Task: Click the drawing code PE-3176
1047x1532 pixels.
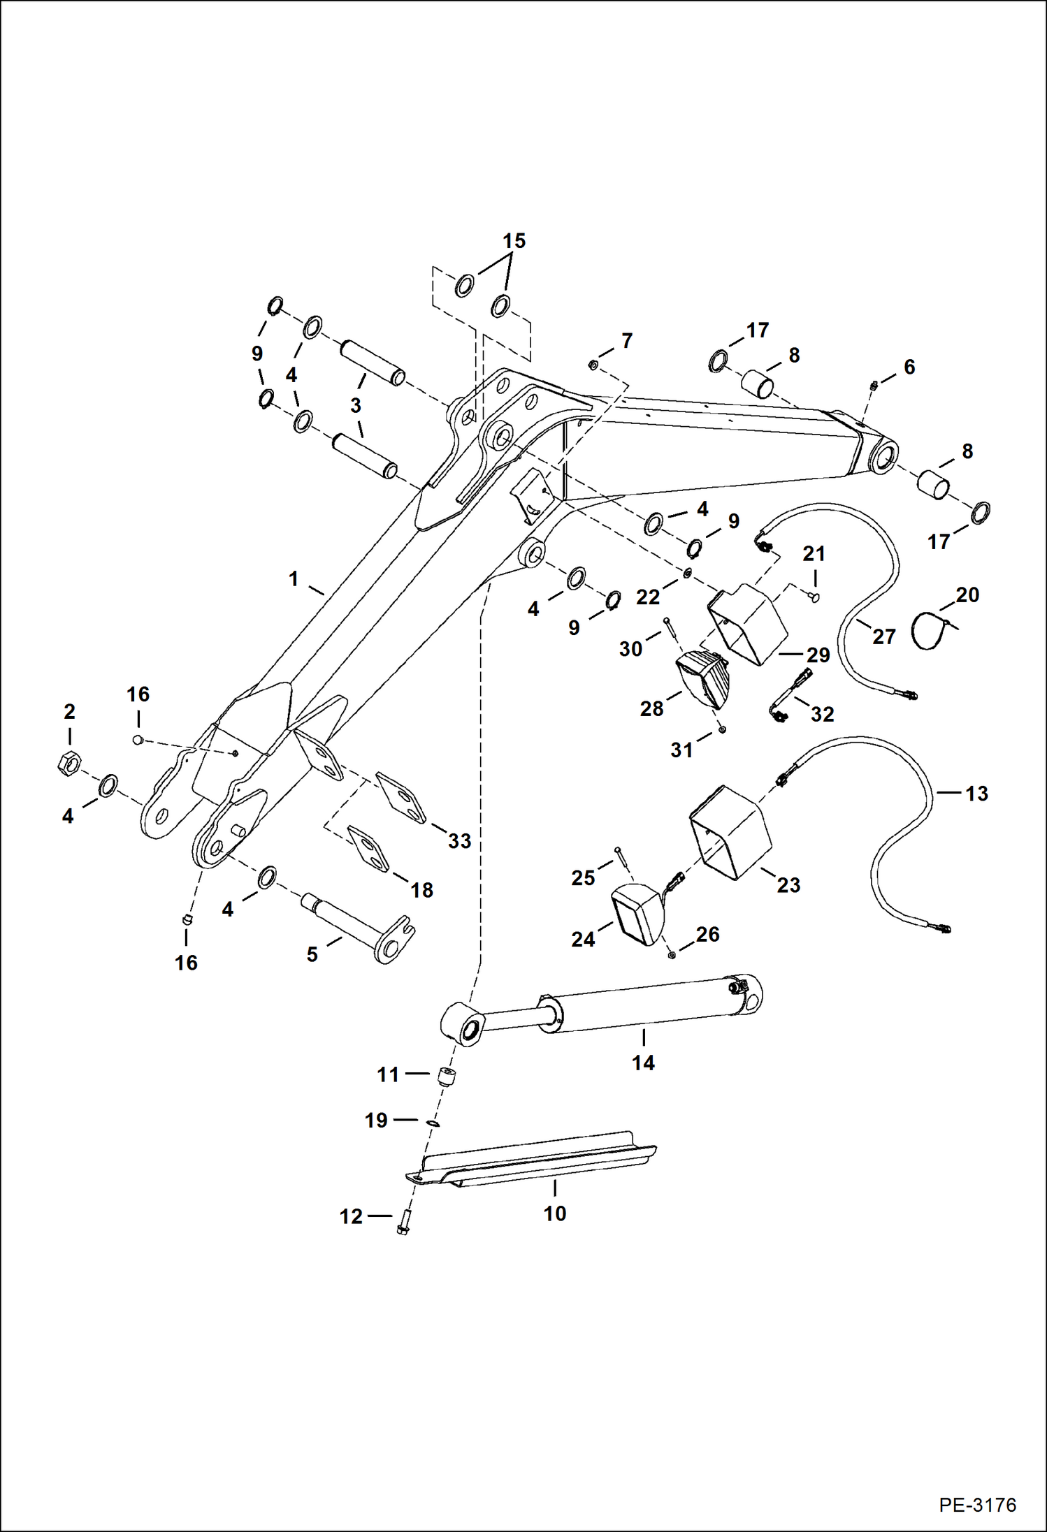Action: tap(977, 1505)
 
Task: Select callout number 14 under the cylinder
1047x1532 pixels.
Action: tap(643, 1063)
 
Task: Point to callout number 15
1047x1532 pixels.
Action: tap(514, 241)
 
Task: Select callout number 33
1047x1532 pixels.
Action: tap(459, 840)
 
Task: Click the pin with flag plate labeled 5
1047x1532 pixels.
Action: tap(357, 928)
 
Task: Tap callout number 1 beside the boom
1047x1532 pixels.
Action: tap(294, 578)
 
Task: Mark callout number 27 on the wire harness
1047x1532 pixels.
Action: tap(883, 636)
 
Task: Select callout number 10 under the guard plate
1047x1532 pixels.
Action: tap(554, 1213)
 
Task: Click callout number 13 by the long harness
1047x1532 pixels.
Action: tap(976, 794)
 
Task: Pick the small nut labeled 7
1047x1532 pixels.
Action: tap(593, 365)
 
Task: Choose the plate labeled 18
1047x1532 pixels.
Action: tap(368, 849)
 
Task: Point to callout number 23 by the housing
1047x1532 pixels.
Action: tap(788, 885)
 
